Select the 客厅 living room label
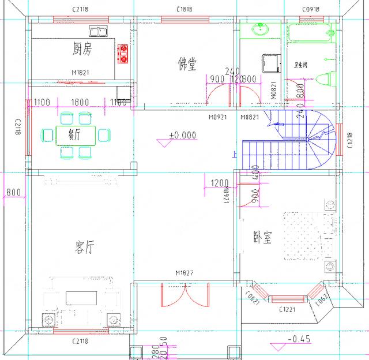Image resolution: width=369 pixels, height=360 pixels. tap(85, 248)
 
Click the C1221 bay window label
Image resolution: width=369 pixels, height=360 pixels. tap(287, 310)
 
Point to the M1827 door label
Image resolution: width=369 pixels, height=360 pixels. tap(184, 273)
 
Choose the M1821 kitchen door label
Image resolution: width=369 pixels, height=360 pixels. tap(82, 73)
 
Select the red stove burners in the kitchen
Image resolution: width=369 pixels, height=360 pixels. tap(122, 54)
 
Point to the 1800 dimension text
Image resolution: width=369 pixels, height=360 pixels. tap(80, 102)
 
